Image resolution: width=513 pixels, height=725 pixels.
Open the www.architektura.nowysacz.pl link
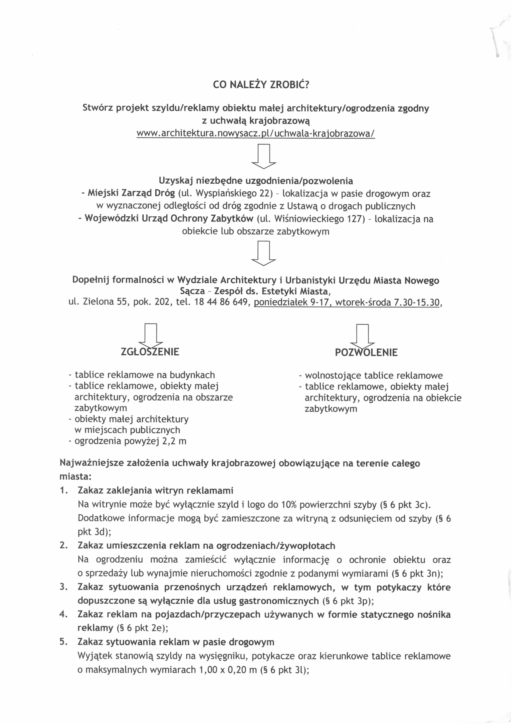(256, 134)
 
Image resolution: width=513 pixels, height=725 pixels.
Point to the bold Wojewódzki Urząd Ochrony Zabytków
(169, 219)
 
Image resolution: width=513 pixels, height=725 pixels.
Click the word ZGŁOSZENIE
(150, 352)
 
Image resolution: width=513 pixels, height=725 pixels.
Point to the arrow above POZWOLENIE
(363, 335)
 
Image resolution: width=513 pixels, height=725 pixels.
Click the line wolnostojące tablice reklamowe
(374, 376)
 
